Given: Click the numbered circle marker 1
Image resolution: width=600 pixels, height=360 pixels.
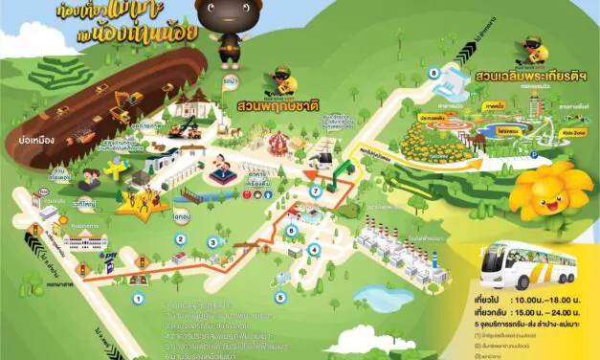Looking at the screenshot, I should coord(138,299).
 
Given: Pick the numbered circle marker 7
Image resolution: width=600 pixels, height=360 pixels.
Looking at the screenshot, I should coord(315,191).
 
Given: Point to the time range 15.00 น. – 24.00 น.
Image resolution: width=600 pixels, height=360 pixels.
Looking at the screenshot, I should coord(551,311).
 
